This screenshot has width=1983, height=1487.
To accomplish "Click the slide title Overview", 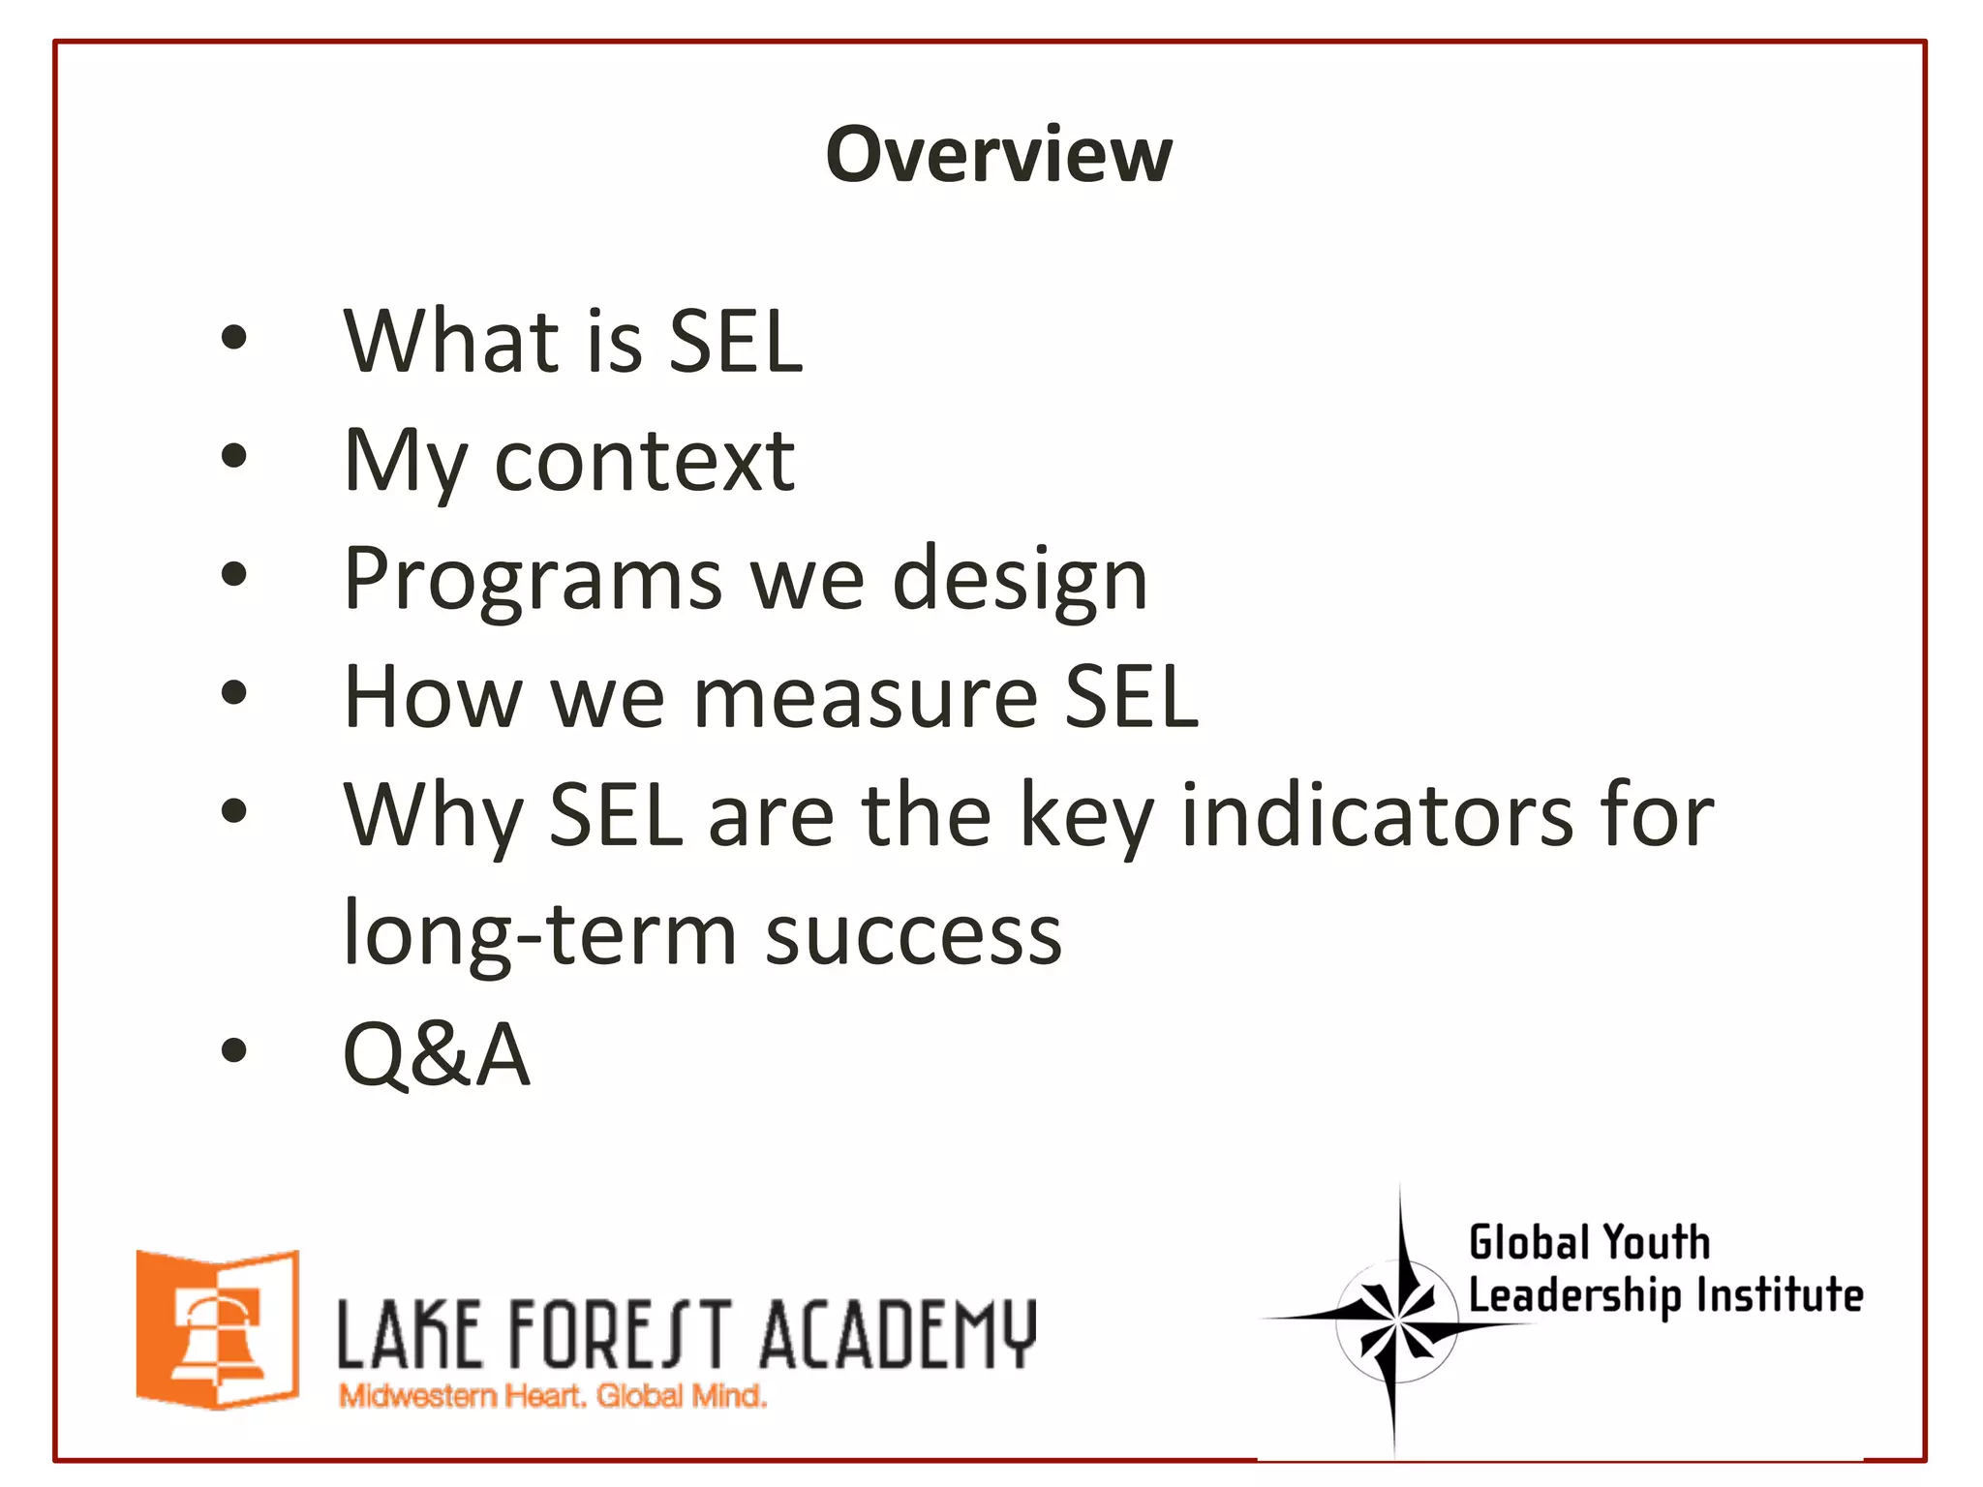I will tap(998, 155).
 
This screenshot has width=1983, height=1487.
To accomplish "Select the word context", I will tap(644, 461).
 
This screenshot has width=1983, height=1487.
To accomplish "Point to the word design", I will tap(1019, 581).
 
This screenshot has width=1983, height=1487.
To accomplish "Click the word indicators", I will tap(1378, 816).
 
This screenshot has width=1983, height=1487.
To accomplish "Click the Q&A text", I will tap(437, 1054).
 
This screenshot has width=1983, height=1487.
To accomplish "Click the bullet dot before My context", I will tap(233, 456).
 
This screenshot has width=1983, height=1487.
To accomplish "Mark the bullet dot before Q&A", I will tap(233, 1049).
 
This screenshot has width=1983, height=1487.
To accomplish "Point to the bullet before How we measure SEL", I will tap(233, 693).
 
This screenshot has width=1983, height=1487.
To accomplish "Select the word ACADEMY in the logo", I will tap(898, 1336).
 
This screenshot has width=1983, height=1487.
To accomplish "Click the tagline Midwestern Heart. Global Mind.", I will tap(552, 1397).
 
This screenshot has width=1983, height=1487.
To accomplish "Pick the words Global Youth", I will tap(1589, 1243).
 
